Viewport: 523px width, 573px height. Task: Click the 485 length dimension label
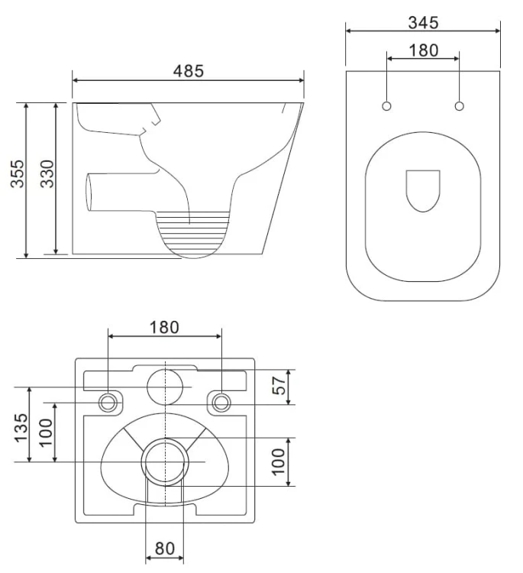(x=188, y=71)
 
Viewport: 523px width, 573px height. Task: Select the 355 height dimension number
(x=17, y=174)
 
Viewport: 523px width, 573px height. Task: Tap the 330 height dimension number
(x=47, y=174)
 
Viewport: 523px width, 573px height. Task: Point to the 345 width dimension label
(x=423, y=23)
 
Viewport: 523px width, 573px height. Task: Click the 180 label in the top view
(x=423, y=50)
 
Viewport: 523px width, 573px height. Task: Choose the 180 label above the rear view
(x=164, y=327)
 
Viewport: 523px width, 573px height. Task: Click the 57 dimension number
(x=279, y=385)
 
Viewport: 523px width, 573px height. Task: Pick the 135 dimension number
(x=21, y=428)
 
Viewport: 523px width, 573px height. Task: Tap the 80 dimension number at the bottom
(x=165, y=548)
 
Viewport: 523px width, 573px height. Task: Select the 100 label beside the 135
(x=46, y=432)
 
